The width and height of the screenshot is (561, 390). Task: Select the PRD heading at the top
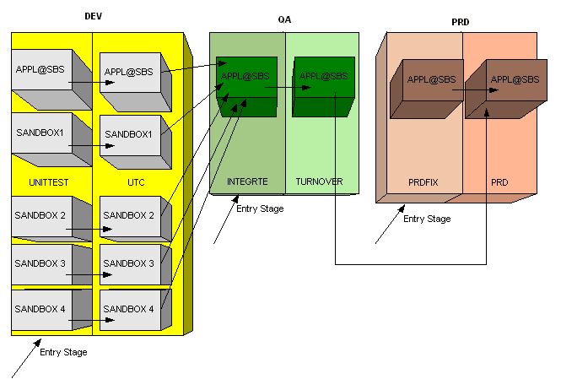click(x=461, y=21)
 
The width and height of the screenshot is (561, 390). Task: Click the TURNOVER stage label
click(x=319, y=181)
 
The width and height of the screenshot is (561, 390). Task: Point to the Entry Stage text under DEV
click(x=63, y=352)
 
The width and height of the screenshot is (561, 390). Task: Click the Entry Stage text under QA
click(x=260, y=209)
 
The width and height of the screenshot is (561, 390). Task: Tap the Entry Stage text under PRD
click(x=427, y=219)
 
